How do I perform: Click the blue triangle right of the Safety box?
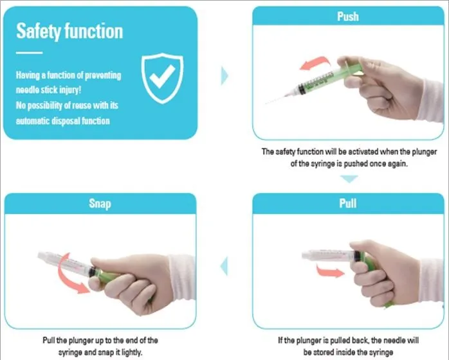[225, 75]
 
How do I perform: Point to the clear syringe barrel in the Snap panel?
[62, 260]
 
